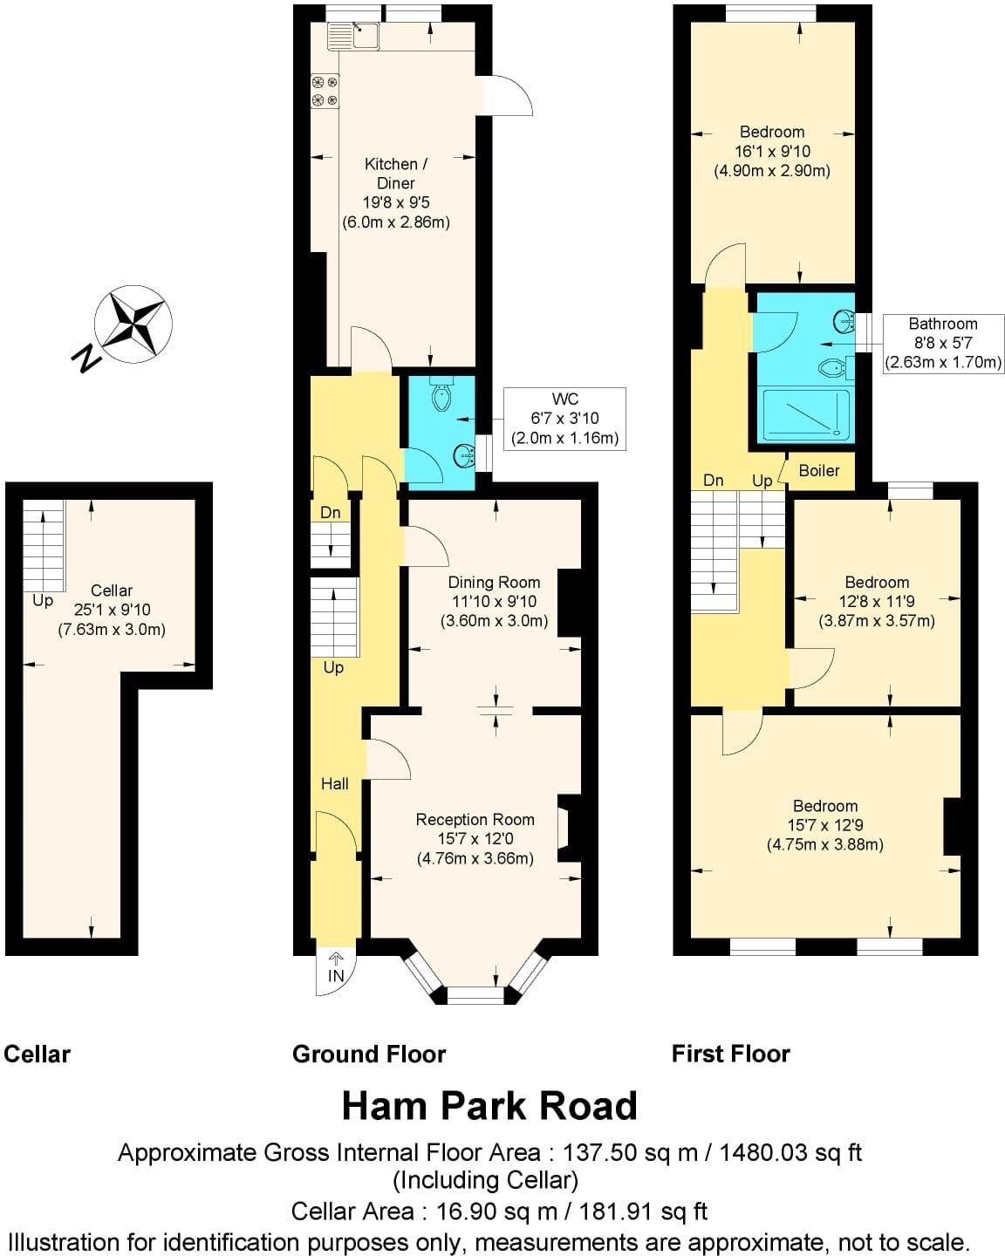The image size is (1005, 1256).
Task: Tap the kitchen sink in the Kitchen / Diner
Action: [x=353, y=37]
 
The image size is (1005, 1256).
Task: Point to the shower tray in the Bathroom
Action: [x=805, y=414]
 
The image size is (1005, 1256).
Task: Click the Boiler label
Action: [x=819, y=471]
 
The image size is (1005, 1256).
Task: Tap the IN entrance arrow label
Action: [x=336, y=975]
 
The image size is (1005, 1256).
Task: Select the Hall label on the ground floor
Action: [x=334, y=784]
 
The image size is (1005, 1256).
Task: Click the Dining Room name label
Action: [x=494, y=583]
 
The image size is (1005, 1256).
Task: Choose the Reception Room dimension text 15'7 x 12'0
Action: [x=475, y=839]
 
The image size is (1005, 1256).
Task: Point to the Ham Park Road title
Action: [x=489, y=1106]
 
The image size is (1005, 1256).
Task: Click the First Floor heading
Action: [x=730, y=1055]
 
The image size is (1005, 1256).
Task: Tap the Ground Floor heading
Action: [x=369, y=1055]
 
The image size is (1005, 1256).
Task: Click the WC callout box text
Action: [x=565, y=419]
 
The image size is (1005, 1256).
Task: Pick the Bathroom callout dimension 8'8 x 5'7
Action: [x=943, y=343]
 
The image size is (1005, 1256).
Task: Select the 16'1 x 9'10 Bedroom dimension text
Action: [x=771, y=152]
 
